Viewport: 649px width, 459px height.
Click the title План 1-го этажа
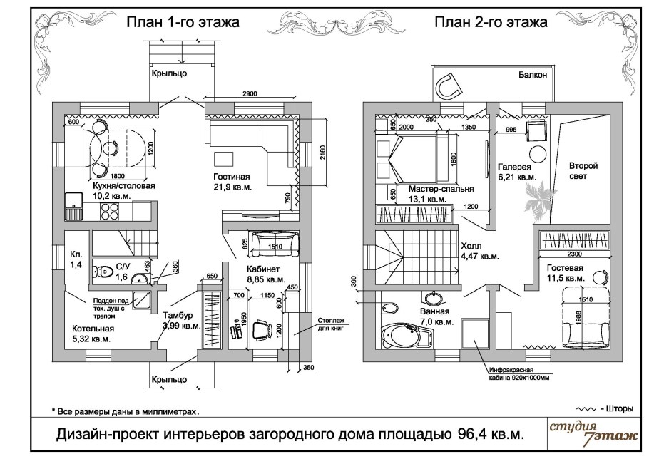point(183,22)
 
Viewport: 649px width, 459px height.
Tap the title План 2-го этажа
point(491,22)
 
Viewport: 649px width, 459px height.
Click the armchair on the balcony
point(449,86)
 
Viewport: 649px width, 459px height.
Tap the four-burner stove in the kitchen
point(109,210)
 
